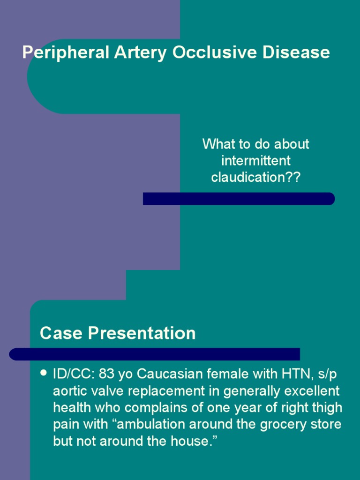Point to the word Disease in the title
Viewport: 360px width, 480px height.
(x=296, y=52)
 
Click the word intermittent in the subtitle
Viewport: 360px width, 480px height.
(x=256, y=161)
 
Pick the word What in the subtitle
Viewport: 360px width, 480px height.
(x=218, y=144)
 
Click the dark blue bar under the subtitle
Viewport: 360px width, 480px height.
(x=239, y=199)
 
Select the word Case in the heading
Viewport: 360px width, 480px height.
(x=58, y=333)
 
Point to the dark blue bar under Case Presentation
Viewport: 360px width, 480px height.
(x=155, y=354)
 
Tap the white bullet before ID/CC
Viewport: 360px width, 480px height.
(x=44, y=374)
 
